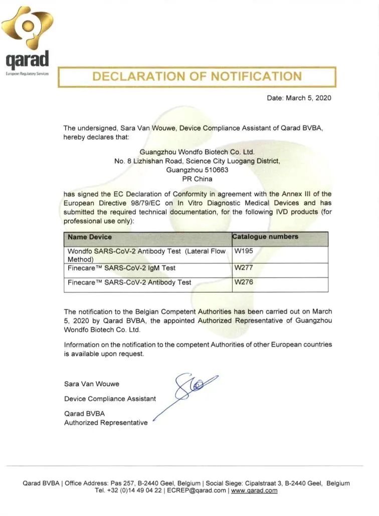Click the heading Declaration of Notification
pyautogui.click(x=197, y=77)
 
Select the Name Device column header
pyautogui.click(x=90, y=236)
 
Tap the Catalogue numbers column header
pyautogui.click(x=266, y=236)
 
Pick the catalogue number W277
pyautogui.click(x=244, y=268)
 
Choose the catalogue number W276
pyautogui.click(x=244, y=282)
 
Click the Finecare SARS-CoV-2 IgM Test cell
pyautogui.click(x=122, y=268)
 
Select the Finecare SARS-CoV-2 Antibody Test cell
pyautogui.click(x=129, y=283)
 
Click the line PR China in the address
pyautogui.click(x=197, y=178)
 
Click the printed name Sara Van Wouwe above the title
pyautogui.click(x=92, y=384)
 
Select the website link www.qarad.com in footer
pyautogui.click(x=254, y=490)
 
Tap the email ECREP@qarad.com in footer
pyautogui.click(x=197, y=490)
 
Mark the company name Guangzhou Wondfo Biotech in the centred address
pyautogui.click(x=197, y=152)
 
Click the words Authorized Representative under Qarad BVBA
pyautogui.click(x=106, y=423)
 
